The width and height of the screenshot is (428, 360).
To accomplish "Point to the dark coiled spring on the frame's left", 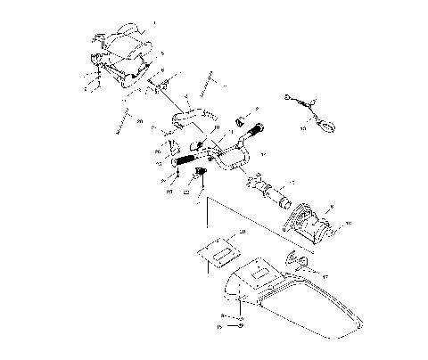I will (184, 160).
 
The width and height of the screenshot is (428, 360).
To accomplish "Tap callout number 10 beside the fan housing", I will (349, 223).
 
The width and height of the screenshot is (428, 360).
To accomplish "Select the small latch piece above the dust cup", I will (300, 261).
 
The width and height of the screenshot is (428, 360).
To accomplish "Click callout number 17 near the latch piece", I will (325, 277).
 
